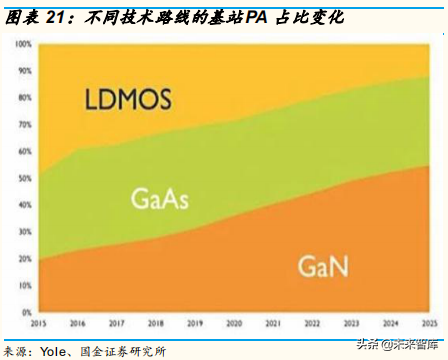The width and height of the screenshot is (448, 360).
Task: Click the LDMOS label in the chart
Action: [127, 100]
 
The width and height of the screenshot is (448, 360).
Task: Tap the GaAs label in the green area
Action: [160, 198]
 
